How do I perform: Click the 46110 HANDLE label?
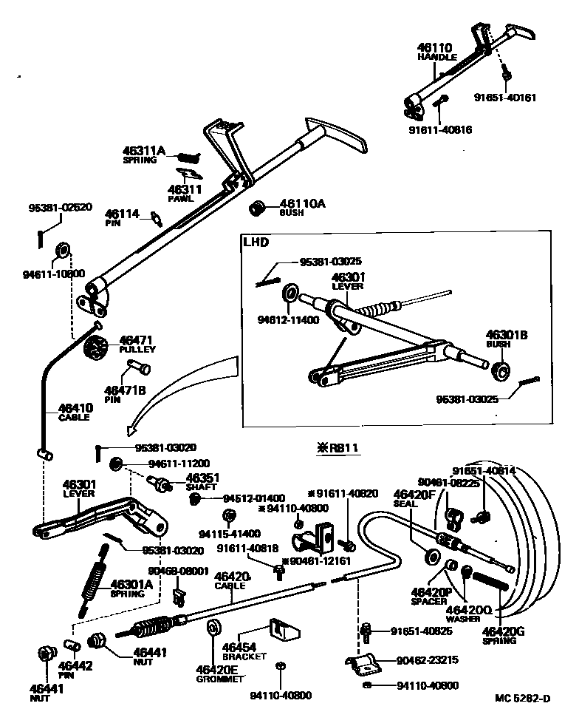point(438,51)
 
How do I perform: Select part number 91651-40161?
point(505,97)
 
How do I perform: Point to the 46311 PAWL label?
point(181,193)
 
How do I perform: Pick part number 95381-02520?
point(60,207)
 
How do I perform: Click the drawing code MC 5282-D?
point(523,698)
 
